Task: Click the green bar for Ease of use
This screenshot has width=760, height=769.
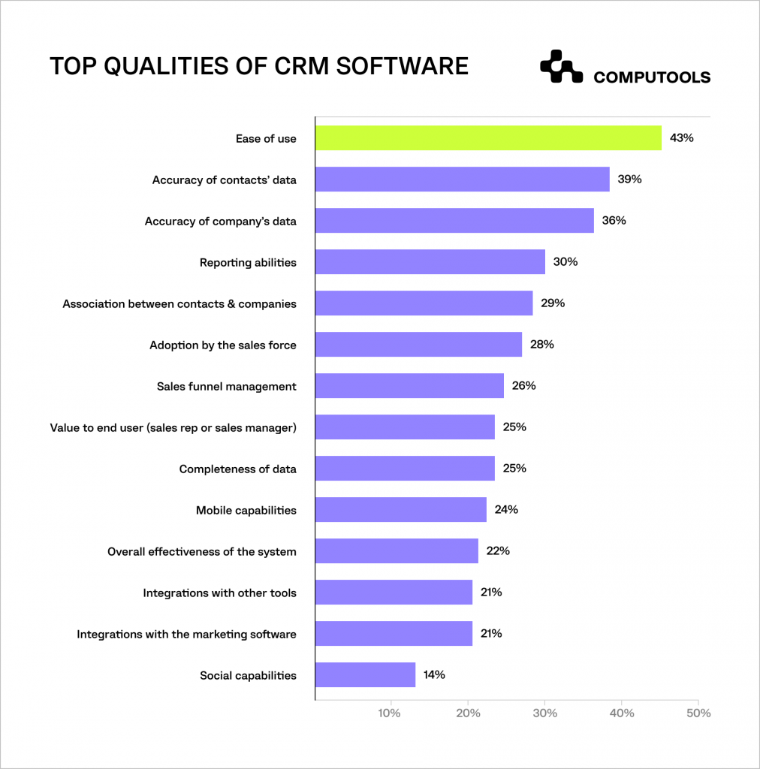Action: pyautogui.click(x=488, y=138)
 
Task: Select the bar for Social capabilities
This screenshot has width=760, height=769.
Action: pyautogui.click(x=365, y=674)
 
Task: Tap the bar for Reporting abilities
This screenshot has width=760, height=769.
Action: pyautogui.click(x=430, y=262)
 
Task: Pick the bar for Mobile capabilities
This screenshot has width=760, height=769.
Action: pyautogui.click(x=400, y=510)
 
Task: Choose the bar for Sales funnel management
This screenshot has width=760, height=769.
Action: pyautogui.click(x=409, y=386)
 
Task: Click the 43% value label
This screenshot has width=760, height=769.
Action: pyautogui.click(x=681, y=138)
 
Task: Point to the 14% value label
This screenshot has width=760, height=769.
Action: pyautogui.click(x=434, y=674)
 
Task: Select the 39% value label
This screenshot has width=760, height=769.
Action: pyautogui.click(x=629, y=179)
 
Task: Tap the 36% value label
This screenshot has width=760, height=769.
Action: pyautogui.click(x=614, y=221)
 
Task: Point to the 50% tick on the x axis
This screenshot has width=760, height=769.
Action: pyautogui.click(x=698, y=713)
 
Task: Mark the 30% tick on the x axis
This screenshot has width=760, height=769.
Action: pyautogui.click(x=544, y=713)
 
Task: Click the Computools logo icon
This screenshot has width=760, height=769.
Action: pyautogui.click(x=561, y=66)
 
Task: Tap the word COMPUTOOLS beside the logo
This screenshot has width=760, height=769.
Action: pyautogui.click(x=651, y=77)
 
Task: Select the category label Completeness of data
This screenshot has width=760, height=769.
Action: pyautogui.click(x=237, y=469)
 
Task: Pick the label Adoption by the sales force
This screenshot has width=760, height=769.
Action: pyautogui.click(x=222, y=345)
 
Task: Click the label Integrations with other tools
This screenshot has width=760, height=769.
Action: pyautogui.click(x=219, y=593)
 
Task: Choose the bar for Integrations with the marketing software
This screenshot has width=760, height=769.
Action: pyautogui.click(x=394, y=634)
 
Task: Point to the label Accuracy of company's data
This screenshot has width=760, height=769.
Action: pyautogui.click(x=220, y=221)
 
